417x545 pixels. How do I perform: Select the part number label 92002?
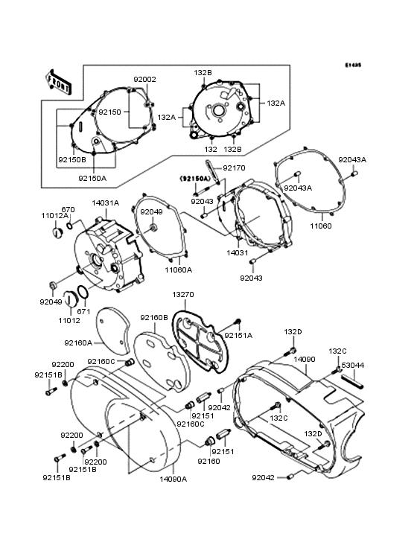pos(144,80)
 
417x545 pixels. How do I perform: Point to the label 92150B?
pos(72,159)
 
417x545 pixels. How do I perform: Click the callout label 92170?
pos(233,168)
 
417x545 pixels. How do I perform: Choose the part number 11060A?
pos(178,270)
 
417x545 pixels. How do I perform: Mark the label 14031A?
pos(105,202)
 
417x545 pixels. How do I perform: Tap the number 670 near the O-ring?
pos(68,209)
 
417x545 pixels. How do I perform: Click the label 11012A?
pos(54,216)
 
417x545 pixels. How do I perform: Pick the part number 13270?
pos(183,295)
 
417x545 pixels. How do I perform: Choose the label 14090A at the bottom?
pos(174,479)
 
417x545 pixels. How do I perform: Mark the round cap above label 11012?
pos(70,300)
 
